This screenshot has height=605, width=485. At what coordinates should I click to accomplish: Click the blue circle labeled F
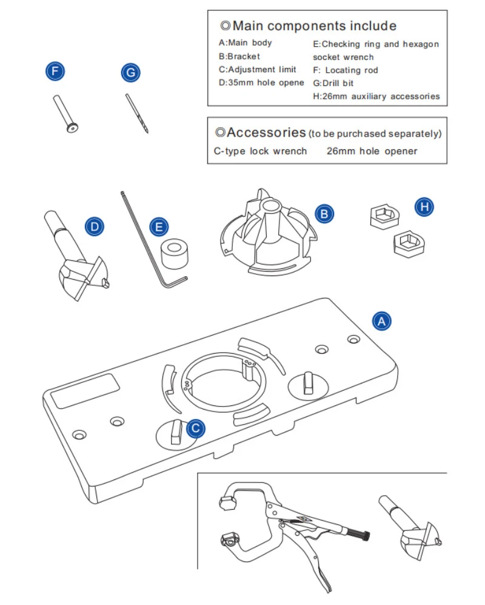click(55, 72)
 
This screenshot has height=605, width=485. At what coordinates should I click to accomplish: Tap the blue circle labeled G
click(130, 73)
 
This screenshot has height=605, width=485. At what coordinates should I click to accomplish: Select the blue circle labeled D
click(94, 227)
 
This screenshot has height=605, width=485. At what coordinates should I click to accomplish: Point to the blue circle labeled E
click(159, 227)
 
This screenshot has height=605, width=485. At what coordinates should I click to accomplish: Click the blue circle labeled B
click(324, 213)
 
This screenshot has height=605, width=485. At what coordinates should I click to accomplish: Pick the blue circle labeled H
click(424, 207)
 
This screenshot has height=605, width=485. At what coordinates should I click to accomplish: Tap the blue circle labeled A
click(381, 320)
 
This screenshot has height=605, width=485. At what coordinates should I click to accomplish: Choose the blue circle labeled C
click(195, 429)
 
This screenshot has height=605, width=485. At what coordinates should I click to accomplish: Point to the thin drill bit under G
click(138, 113)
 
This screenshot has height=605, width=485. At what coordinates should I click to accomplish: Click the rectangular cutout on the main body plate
click(85, 390)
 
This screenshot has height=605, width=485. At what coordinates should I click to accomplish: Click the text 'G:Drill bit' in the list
click(333, 83)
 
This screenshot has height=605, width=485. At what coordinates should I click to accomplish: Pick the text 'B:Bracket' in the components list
click(239, 56)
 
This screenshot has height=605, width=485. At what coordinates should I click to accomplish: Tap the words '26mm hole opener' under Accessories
click(372, 151)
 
